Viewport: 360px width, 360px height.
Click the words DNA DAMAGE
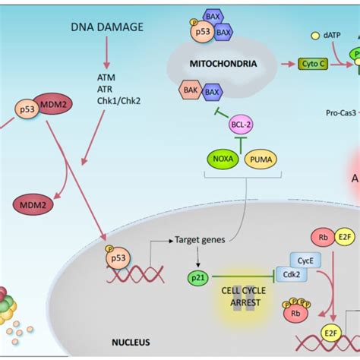pos(108,27)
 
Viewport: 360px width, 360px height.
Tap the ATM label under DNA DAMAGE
pos(107,77)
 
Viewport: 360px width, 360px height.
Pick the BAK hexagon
pos(190,92)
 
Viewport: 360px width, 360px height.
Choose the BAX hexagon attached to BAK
pos(213,93)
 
